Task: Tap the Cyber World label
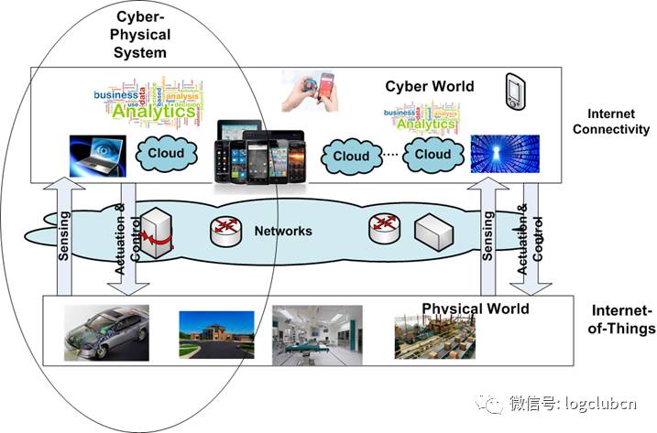[x=429, y=87]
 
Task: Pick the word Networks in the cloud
[x=283, y=231]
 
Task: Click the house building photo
[x=211, y=332]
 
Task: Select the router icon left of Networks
[x=225, y=233]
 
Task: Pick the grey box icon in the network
[x=433, y=233]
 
